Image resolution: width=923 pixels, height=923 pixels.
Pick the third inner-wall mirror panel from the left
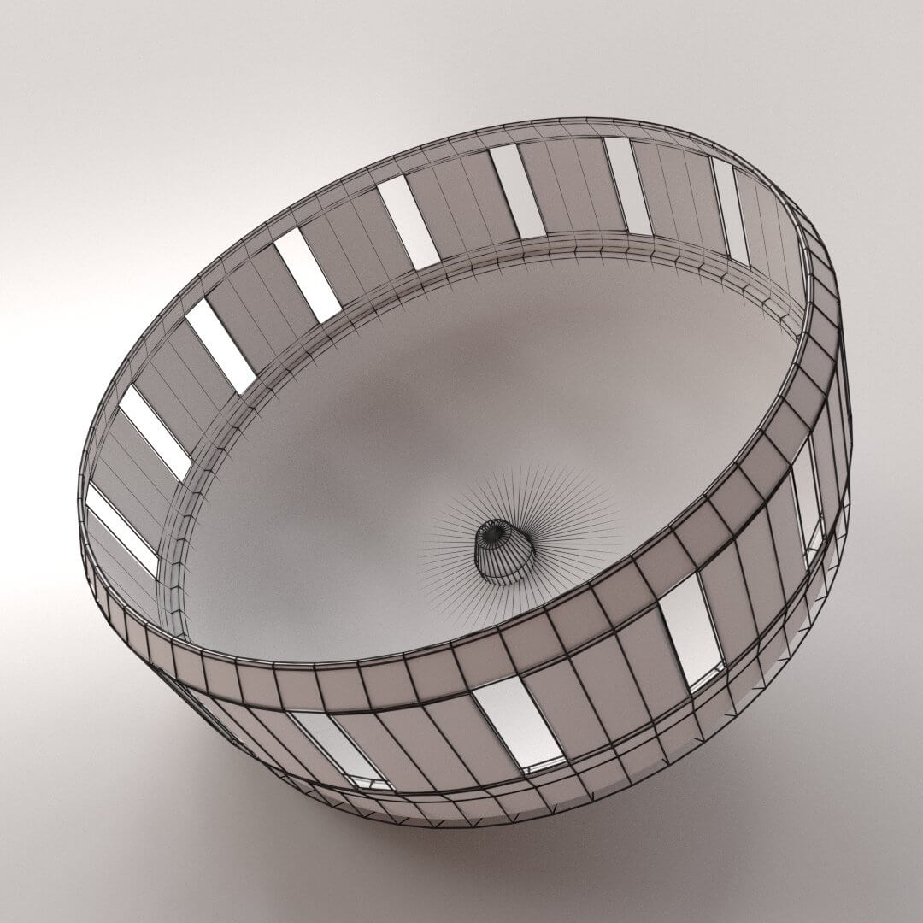pyautogui.click(x=220, y=345)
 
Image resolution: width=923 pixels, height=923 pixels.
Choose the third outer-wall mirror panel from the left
pyautogui.click(x=691, y=628)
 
